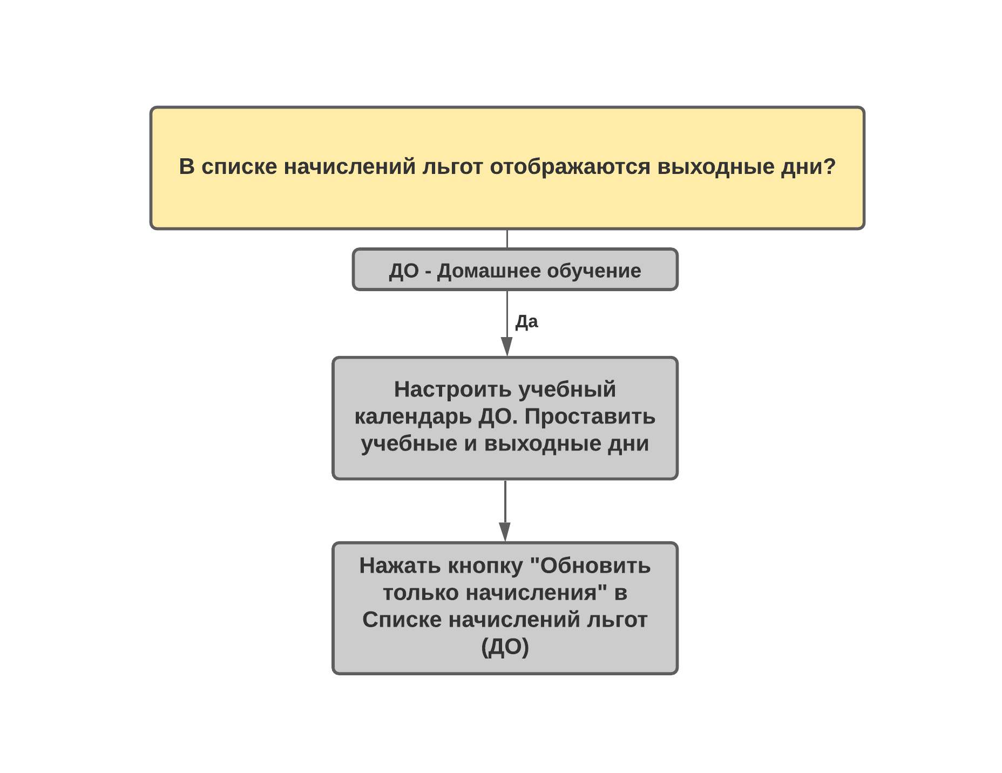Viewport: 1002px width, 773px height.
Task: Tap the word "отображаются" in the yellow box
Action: pos(570,167)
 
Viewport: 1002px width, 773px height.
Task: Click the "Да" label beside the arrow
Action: pos(526,322)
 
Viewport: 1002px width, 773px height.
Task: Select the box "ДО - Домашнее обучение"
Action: pos(515,270)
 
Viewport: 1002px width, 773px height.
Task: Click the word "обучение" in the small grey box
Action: pos(593,271)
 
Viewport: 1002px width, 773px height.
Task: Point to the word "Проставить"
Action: pos(590,417)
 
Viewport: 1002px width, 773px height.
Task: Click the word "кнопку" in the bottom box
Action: pos(486,567)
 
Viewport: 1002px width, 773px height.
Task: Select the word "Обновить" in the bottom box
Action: pos(595,566)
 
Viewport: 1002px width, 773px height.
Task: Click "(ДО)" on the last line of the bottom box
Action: pos(505,647)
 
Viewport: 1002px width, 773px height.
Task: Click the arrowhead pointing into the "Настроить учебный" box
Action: pos(506,347)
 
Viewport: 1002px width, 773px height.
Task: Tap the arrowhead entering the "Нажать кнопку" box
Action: pos(505,532)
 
